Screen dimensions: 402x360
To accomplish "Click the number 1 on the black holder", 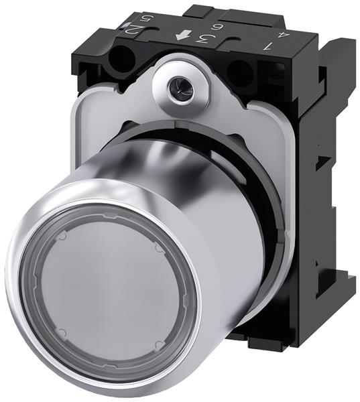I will point(268,47).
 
